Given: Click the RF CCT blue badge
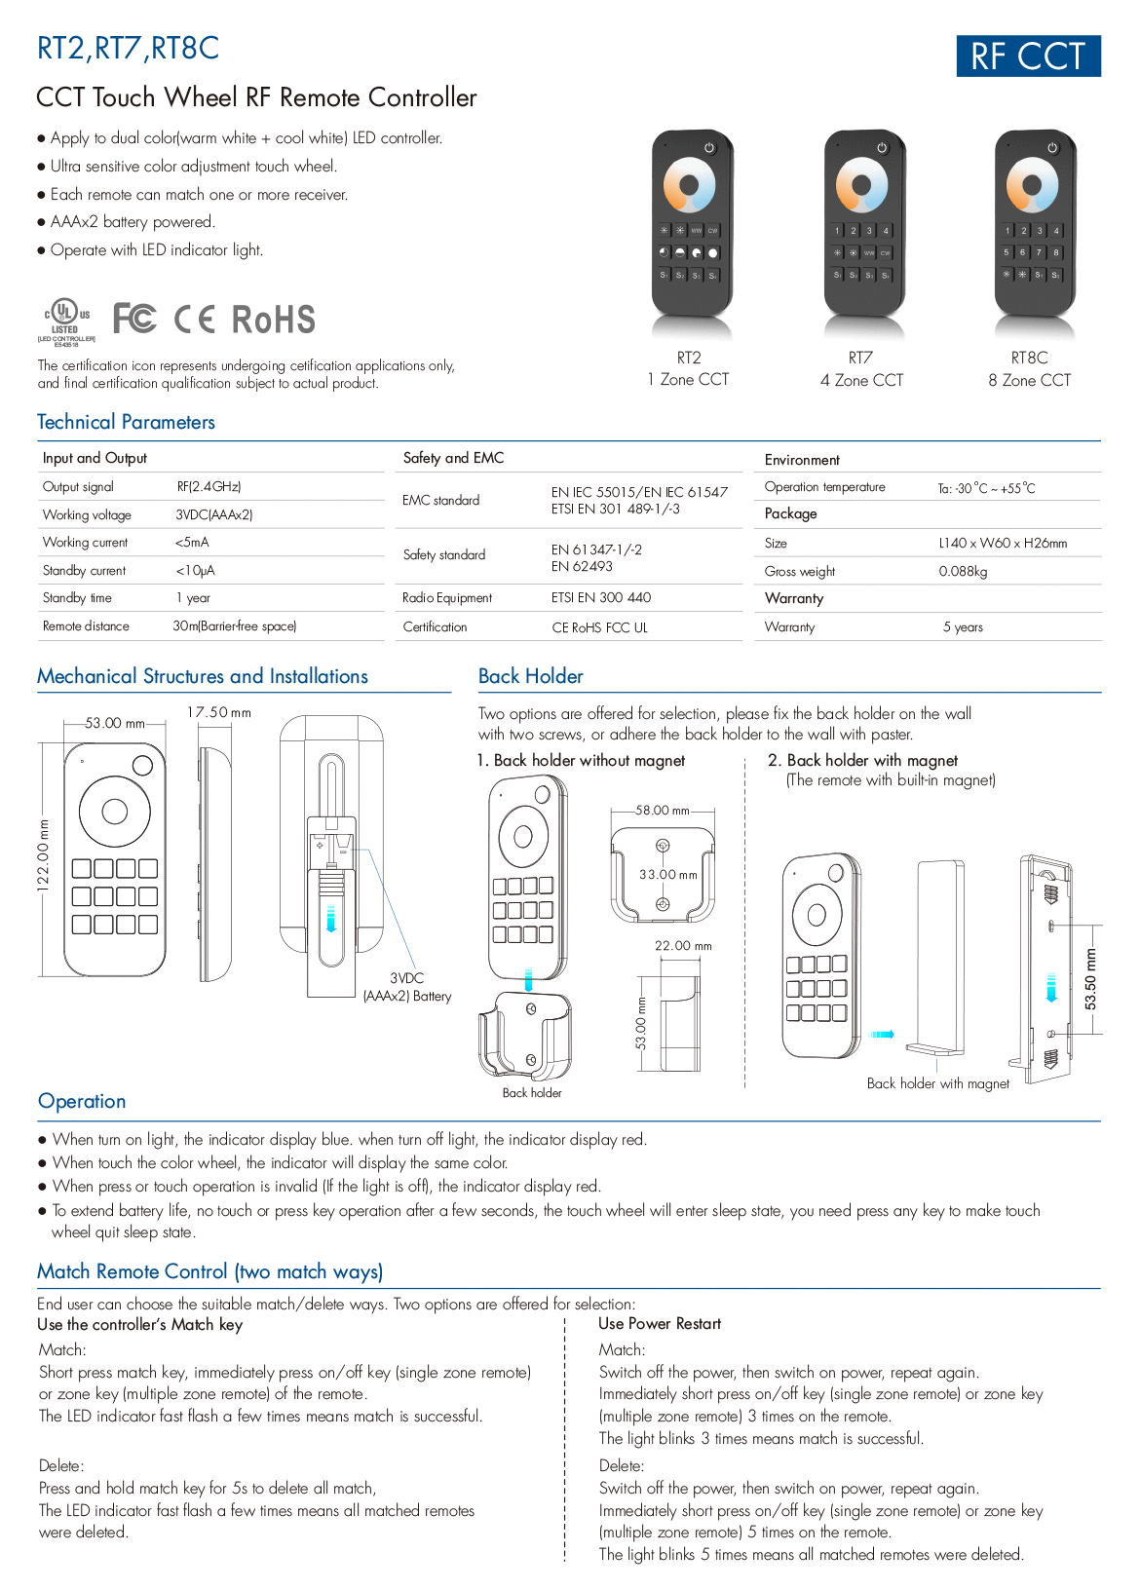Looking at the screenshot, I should coord(1028,57).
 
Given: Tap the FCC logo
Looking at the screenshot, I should coord(134,319).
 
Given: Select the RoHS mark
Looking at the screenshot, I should coord(273,320).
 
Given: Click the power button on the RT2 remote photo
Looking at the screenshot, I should coord(709,148).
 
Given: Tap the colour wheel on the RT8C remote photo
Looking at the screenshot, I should coord(1032,185).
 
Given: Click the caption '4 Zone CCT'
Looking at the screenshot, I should coord(861,380).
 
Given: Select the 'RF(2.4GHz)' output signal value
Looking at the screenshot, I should coord(209,486).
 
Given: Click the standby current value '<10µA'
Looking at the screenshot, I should coord(195,570).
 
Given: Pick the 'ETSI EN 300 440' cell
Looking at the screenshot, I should coord(600,597).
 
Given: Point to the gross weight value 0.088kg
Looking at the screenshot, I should coord(963,571).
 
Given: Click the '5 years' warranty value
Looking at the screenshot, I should coord(963,626).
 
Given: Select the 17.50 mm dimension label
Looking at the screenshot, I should coord(219,713).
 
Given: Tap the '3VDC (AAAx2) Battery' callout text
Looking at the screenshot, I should coord(407,987).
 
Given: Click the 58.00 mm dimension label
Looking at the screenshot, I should coord(663,811).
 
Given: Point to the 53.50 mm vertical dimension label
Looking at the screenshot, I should coord(1091,979).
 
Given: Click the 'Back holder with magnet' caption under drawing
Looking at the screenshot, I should coord(937,1083).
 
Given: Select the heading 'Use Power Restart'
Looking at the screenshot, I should coord(660,1324).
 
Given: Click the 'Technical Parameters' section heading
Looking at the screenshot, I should coord(126,422).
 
